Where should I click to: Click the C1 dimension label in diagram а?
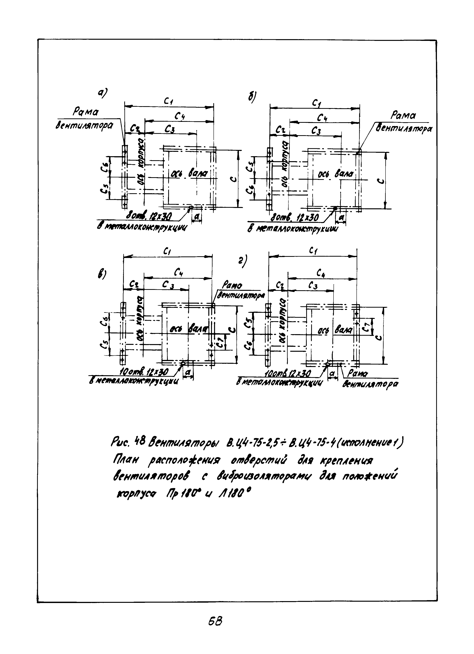tap(168, 101)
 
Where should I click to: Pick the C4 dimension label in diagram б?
tap(322, 117)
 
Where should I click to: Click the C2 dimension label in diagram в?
tap(134, 285)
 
